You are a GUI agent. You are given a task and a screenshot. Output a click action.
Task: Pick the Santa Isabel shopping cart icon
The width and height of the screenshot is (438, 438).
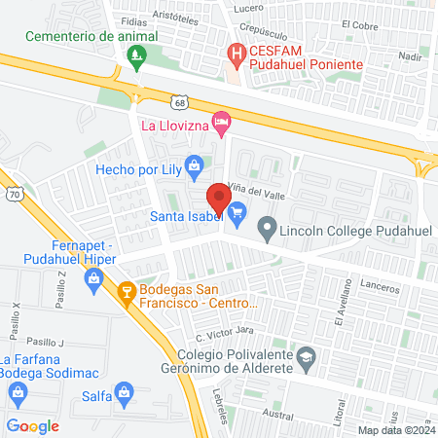pyautogui.click(x=237, y=216)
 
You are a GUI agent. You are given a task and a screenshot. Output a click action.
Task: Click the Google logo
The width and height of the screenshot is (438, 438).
pyautogui.click(x=32, y=425)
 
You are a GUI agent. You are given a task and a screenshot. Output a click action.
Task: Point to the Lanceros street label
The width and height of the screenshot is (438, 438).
pyautogui.click(x=381, y=288)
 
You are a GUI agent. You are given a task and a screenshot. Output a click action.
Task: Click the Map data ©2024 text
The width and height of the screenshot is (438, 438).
pyautogui.click(x=395, y=430)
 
